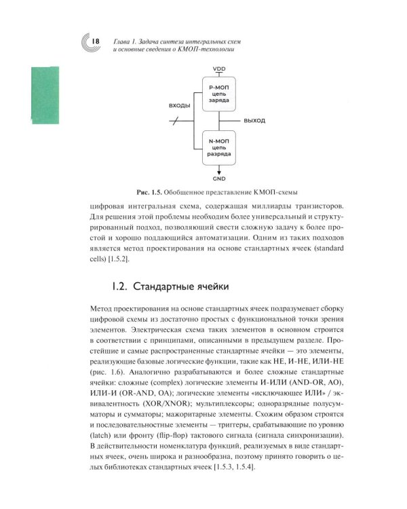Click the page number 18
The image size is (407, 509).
tap(96, 42)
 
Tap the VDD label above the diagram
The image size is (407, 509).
tap(219, 69)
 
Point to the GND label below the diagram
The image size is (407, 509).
tap(219, 178)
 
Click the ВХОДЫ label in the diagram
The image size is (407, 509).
tap(180, 107)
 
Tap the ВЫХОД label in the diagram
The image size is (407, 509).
tap(253, 120)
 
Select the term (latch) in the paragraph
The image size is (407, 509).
tap(102, 435)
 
